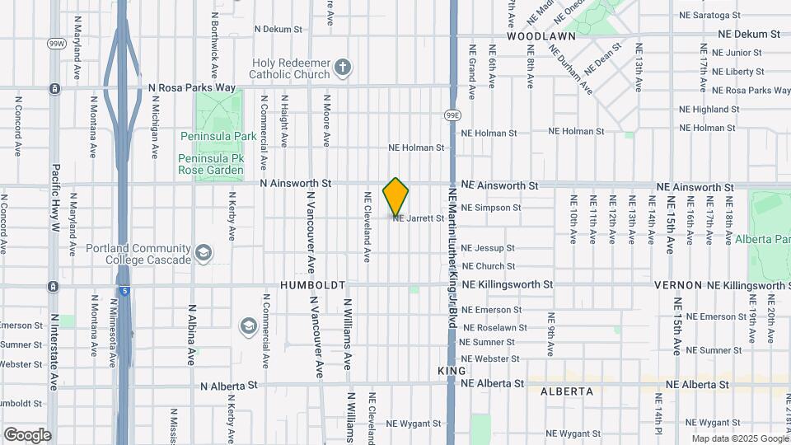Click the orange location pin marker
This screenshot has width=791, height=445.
(396, 196)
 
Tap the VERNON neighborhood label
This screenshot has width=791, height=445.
(677, 285)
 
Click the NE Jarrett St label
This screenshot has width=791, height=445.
(419, 218)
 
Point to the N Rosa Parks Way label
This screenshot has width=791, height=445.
(192, 87)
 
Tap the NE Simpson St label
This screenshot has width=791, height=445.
(491, 208)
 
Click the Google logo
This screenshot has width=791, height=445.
(27, 434)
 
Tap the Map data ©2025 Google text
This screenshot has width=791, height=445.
(738, 438)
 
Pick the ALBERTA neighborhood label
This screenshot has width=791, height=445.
(567, 391)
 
